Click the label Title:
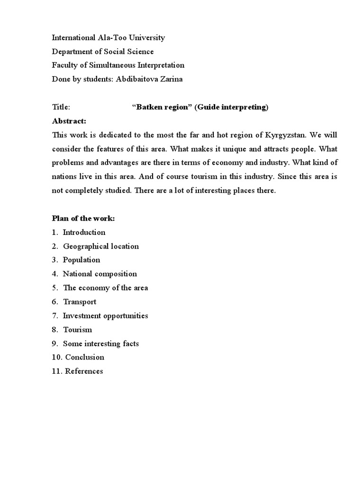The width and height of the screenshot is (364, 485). (61, 107)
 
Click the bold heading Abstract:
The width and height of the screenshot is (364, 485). (69, 121)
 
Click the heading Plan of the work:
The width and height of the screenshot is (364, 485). (83, 218)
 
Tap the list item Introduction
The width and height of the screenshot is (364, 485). (84, 232)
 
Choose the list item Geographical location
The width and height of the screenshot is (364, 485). (101, 246)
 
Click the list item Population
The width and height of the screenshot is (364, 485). (82, 260)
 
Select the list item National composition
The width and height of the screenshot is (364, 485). (100, 274)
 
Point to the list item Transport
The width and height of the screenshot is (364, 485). (80, 302)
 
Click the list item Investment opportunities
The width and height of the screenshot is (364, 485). (106, 315)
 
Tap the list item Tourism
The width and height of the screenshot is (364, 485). (78, 330)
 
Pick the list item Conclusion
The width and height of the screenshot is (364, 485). (85, 357)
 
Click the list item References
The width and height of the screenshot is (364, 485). (84, 371)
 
